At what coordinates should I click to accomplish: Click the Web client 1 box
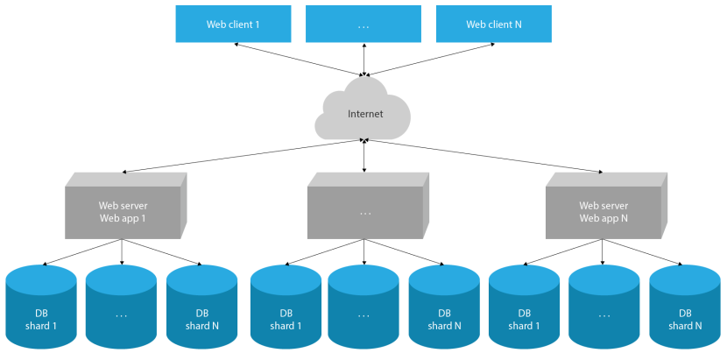coord(233,24)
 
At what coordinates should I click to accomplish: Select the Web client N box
coord(494,24)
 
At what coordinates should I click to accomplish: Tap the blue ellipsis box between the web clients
coord(363,24)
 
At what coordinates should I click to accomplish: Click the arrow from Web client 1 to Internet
coord(298,59)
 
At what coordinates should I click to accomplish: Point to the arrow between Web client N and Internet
coord(429,59)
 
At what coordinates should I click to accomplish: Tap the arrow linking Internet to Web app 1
coord(245,155)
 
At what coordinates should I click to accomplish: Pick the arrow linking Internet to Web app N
coord(482,155)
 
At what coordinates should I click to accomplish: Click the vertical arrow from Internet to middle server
coord(364,156)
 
